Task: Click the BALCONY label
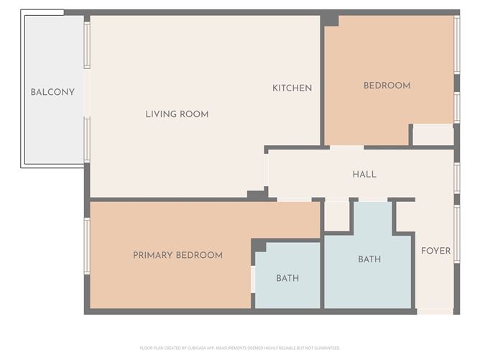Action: [x=52, y=92]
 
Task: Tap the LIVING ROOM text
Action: [x=177, y=114]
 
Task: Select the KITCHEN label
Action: [x=292, y=88]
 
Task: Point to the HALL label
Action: [x=364, y=174]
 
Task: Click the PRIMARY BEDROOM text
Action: [x=177, y=255]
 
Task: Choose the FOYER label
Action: [x=435, y=251]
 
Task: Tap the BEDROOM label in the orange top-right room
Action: [x=387, y=86]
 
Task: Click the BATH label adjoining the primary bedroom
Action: [x=287, y=278]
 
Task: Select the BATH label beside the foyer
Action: [x=369, y=259]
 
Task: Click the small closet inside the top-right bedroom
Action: [x=433, y=135]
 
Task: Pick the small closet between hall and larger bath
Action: [x=336, y=216]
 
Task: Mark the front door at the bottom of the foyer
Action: [x=435, y=311]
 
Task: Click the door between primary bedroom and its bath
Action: [x=253, y=279]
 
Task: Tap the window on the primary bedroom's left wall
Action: [x=87, y=246]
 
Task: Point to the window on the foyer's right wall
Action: [x=456, y=234]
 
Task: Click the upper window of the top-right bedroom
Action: [x=456, y=44]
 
